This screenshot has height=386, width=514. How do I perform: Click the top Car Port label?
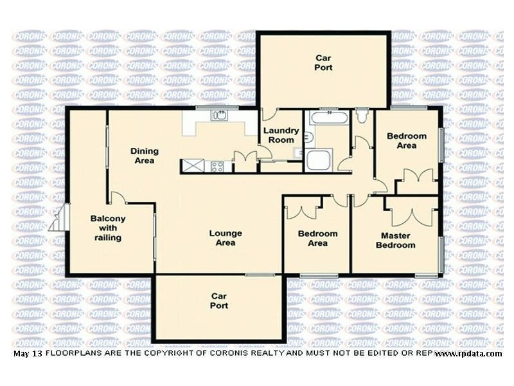coord(323,62)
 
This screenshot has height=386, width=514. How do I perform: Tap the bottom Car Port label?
coord(219,300)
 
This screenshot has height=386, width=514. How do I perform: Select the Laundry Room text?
coord(281,135)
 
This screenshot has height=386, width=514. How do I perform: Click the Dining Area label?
coord(144,156)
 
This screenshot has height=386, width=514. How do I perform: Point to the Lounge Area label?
coord(226,238)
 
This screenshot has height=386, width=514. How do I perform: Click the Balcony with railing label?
coord(107,228)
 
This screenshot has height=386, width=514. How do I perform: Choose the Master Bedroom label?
coord(395,240)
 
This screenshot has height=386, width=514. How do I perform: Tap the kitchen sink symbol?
coord(219,116)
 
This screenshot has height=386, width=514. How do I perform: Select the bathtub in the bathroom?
coord(328,118)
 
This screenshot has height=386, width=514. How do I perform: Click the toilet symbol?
coord(362,116)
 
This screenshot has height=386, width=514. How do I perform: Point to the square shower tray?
coord(319,160)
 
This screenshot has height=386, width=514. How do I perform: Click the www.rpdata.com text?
coord(468,354)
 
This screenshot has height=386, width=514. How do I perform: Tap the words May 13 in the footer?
coord(26,354)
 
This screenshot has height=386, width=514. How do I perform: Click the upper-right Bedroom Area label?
coord(406,140)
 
